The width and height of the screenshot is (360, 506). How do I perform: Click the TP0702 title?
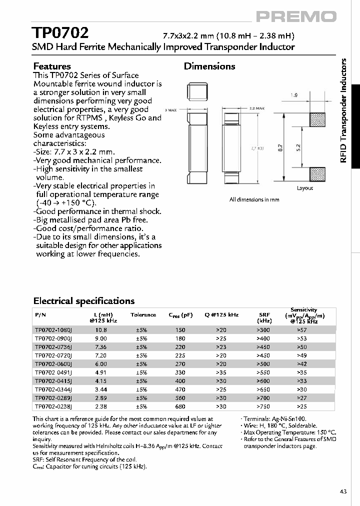[x=60, y=33]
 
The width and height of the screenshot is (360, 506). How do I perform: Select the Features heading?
[x=52, y=66]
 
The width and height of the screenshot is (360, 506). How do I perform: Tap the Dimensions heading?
[x=209, y=66]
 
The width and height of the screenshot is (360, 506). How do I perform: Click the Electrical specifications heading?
[x=83, y=301]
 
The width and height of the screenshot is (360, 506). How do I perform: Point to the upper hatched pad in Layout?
[x=317, y=120]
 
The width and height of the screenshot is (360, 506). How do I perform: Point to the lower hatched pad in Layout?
[x=317, y=174]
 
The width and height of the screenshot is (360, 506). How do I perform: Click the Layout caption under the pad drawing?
[x=304, y=188]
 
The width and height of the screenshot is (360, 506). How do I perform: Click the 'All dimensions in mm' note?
[x=254, y=199]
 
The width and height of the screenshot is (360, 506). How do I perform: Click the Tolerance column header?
[x=143, y=315]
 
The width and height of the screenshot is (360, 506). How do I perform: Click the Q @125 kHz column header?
[x=222, y=315]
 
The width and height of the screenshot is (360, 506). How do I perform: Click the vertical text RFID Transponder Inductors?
[x=343, y=110]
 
